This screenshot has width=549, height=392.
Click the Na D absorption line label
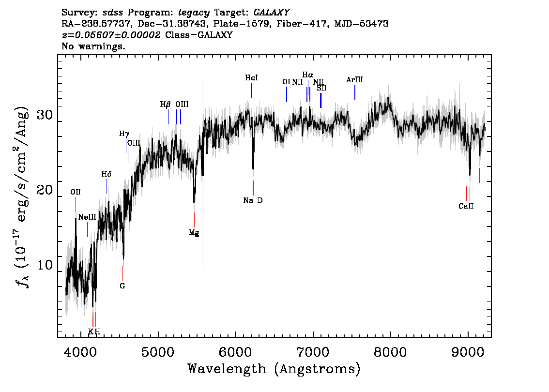point(253,200)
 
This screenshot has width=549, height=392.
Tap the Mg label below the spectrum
point(194,233)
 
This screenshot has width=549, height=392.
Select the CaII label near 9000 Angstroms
point(466,206)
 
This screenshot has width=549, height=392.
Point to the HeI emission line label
point(251,78)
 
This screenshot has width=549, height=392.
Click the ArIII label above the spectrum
point(354,80)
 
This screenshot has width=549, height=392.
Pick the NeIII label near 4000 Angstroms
point(87,217)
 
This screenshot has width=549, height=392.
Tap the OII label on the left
point(75,192)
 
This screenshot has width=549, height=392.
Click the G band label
point(122,286)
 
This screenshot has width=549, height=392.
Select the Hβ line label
point(165,105)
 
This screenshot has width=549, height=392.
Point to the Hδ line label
point(107,174)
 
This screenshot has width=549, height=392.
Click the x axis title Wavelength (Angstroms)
point(274,369)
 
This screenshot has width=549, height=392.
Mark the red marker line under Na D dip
point(253,188)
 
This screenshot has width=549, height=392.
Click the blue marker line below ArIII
point(355,92)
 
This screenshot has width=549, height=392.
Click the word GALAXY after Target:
point(271,13)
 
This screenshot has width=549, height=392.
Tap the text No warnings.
point(93,46)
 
